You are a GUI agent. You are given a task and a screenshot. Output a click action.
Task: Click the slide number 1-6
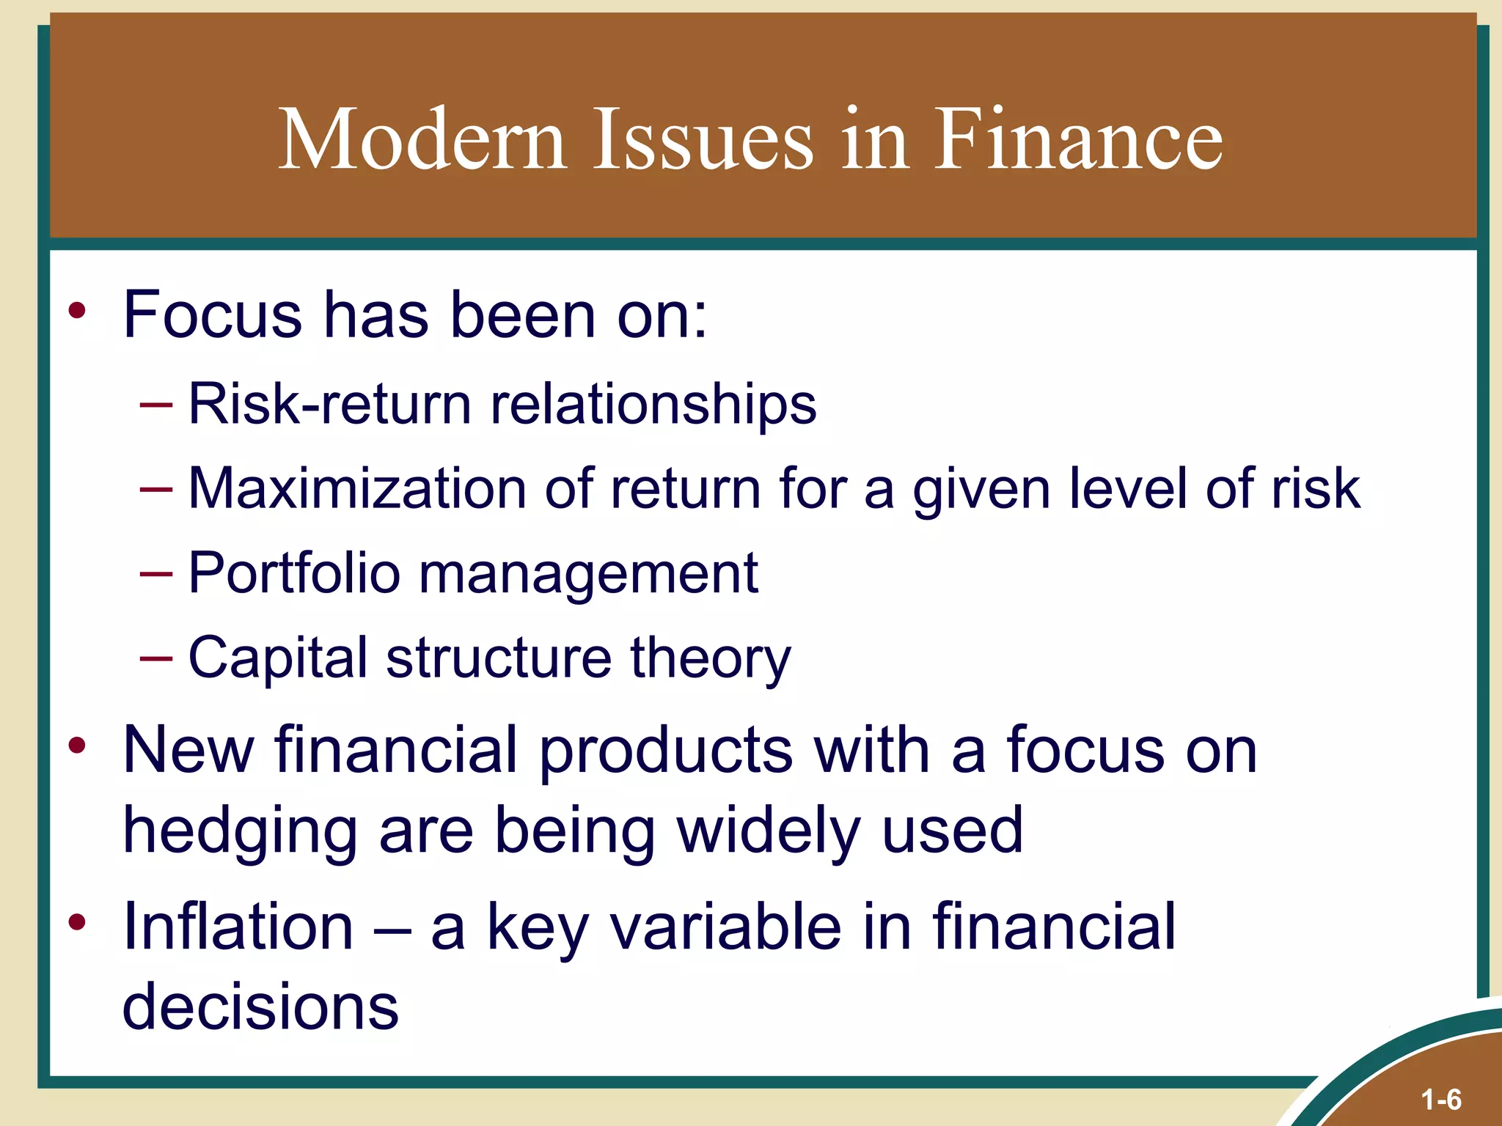[1441, 1100]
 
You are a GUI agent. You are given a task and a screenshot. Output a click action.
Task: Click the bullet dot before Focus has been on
[77, 311]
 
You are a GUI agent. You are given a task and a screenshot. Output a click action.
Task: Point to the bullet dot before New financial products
[77, 746]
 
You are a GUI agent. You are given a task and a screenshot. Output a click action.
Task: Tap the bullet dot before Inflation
[77, 922]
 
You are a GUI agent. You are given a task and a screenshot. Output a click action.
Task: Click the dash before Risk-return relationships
[156, 404]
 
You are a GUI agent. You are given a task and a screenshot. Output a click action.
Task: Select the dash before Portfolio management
[156, 573]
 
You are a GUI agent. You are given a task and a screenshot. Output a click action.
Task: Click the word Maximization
[357, 489]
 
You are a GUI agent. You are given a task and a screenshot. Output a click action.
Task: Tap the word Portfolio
[294, 573]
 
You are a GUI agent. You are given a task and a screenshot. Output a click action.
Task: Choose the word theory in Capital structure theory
[711, 658]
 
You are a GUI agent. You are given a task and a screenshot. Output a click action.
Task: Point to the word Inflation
[238, 927]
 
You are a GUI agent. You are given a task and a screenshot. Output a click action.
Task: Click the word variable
[725, 927]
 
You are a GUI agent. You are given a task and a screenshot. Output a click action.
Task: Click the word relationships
[653, 404]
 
